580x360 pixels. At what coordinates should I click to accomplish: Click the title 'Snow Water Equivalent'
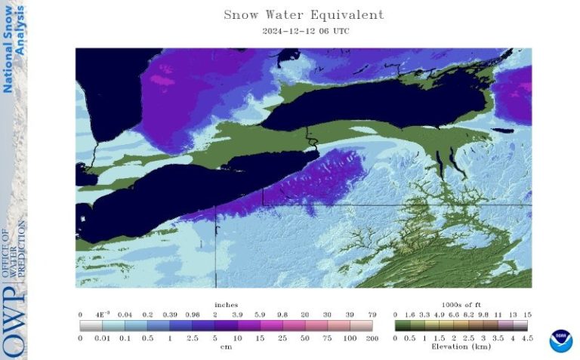tap(304, 15)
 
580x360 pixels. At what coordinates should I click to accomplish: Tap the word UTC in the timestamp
tap(339, 32)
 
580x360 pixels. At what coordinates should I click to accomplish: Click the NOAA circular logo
tap(561, 340)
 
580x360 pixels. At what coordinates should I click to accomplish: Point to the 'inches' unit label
tap(226, 306)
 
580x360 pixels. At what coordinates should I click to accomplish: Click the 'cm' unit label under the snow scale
tap(226, 347)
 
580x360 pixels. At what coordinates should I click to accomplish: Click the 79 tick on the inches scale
tap(372, 315)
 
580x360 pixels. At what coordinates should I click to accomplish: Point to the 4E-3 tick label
tap(102, 315)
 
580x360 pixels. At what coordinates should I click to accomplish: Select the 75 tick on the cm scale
tap(329, 338)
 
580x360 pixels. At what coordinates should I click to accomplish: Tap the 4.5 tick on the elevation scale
tap(528, 338)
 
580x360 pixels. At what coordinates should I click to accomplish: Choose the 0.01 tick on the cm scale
tap(103, 338)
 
